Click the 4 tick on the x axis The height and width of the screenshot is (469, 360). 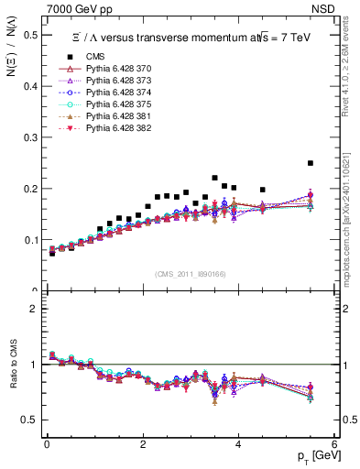point(238,445)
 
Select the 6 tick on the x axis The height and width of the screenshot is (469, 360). point(334,445)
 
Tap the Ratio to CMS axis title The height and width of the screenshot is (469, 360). point(12,378)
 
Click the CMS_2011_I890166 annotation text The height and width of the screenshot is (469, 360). point(191,274)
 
